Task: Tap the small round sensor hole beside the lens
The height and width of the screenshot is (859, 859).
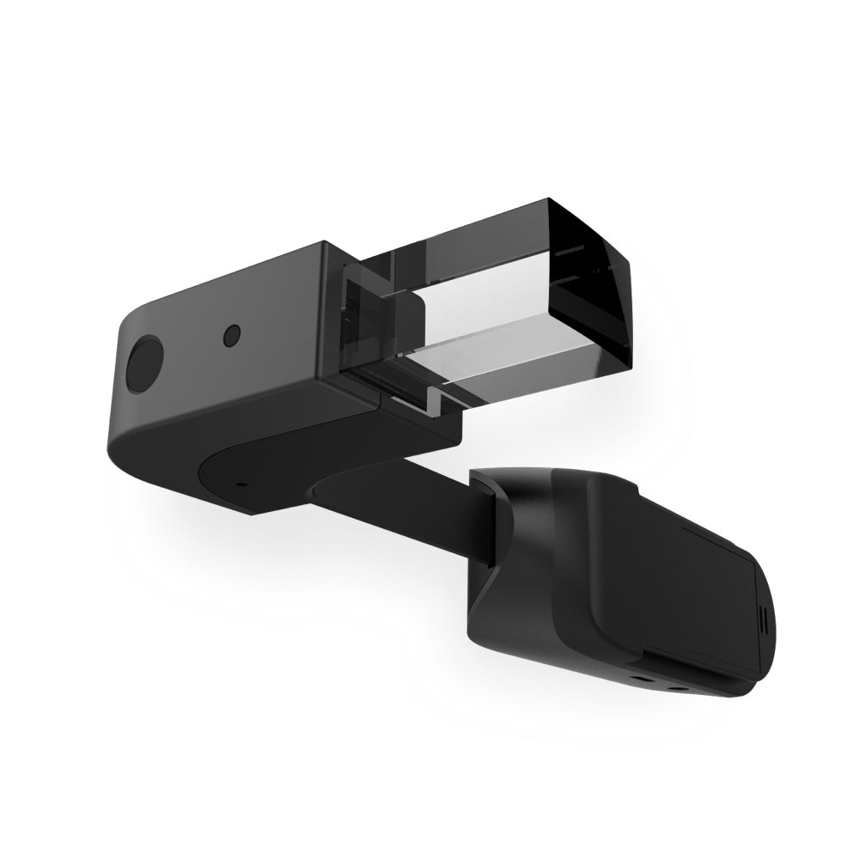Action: coord(231,335)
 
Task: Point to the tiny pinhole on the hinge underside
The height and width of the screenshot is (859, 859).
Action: coord(240,484)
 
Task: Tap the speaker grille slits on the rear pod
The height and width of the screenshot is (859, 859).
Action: coord(761,618)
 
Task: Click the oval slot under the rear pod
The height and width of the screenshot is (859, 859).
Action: coord(641,679)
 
